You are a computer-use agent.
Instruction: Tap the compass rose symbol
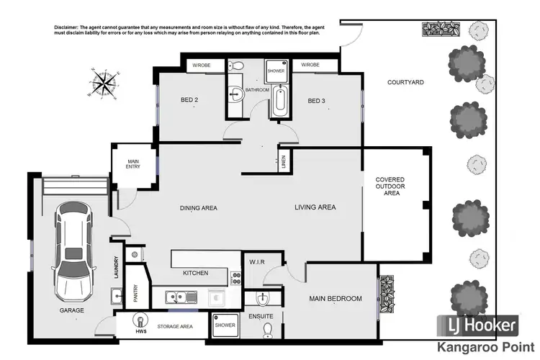coord(105,81)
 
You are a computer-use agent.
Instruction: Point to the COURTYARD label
coord(405,83)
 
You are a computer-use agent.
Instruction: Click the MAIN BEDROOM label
coord(336,298)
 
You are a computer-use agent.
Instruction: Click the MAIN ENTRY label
coord(133,164)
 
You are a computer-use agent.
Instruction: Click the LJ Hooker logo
coord(477,326)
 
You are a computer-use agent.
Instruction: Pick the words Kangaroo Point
coord(477,347)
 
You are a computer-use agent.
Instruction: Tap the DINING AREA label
coord(198,208)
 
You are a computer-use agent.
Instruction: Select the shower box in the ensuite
coord(225,325)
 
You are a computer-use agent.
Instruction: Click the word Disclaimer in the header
coord(68,27)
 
